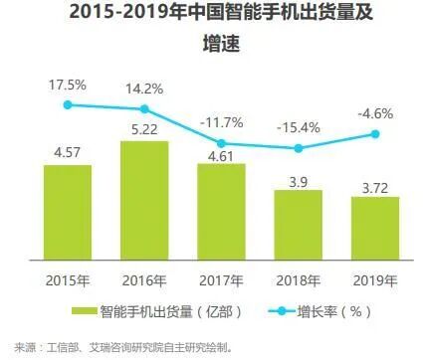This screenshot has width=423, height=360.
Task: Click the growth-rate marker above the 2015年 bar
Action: (68, 104)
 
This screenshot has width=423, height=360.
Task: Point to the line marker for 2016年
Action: (144, 109)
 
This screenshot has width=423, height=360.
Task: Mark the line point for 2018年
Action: (298, 148)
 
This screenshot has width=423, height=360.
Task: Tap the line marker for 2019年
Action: (375, 133)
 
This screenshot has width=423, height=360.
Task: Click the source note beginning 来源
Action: (118, 347)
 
